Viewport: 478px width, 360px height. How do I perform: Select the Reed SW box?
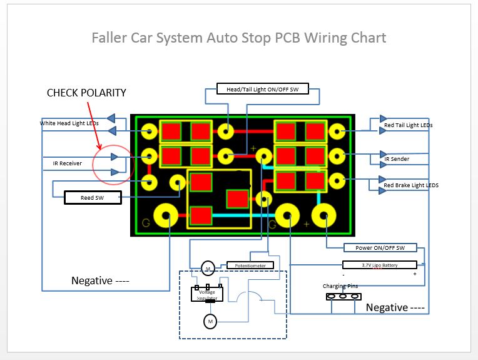point(91,198)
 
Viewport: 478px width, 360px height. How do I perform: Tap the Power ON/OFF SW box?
point(380,248)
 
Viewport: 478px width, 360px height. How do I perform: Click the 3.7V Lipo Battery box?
point(380,265)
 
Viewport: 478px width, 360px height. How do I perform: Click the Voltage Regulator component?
point(207,294)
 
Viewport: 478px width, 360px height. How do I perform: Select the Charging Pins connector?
point(343,296)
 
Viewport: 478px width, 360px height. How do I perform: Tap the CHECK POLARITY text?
point(86,93)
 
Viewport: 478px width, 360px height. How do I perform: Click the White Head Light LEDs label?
point(69,123)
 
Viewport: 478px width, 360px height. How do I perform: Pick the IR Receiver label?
point(67,163)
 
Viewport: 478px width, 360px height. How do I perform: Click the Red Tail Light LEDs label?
point(408,125)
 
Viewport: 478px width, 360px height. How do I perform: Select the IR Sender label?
point(397,159)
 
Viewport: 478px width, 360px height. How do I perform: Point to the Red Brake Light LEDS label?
point(411,185)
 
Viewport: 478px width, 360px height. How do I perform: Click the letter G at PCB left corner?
point(146,223)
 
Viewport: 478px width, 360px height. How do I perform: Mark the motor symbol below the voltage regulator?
point(210,322)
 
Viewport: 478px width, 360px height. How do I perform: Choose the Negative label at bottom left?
point(100,280)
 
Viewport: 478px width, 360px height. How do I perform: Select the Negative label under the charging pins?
point(395,307)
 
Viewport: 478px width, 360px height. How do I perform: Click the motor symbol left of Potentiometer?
point(208,269)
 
